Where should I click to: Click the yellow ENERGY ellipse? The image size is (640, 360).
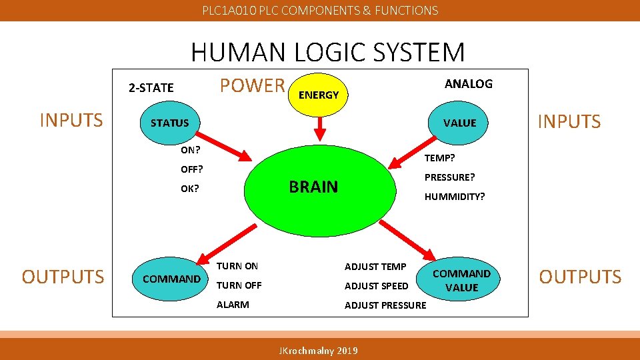click(x=319, y=95)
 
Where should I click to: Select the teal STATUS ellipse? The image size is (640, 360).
click(x=170, y=123)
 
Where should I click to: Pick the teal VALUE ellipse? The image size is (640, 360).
click(x=459, y=123)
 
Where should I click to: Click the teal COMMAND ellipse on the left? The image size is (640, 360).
click(x=171, y=278)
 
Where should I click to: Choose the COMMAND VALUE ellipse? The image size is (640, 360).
click(x=461, y=280)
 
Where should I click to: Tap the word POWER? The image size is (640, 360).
click(x=252, y=85)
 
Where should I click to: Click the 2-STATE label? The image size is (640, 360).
click(x=151, y=87)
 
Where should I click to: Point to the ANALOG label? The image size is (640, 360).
click(x=468, y=83)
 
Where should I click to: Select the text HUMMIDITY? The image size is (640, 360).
click(x=455, y=197)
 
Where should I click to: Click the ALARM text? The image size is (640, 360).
click(x=233, y=305)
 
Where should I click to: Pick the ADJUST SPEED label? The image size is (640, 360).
click(x=376, y=286)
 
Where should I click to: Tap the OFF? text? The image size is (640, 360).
click(x=191, y=169)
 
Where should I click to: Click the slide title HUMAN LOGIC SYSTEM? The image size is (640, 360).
click(x=327, y=52)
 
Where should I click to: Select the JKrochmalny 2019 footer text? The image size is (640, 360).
click(x=317, y=351)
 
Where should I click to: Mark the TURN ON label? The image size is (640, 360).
click(x=237, y=266)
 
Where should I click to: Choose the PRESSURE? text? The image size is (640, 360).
click(x=450, y=177)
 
